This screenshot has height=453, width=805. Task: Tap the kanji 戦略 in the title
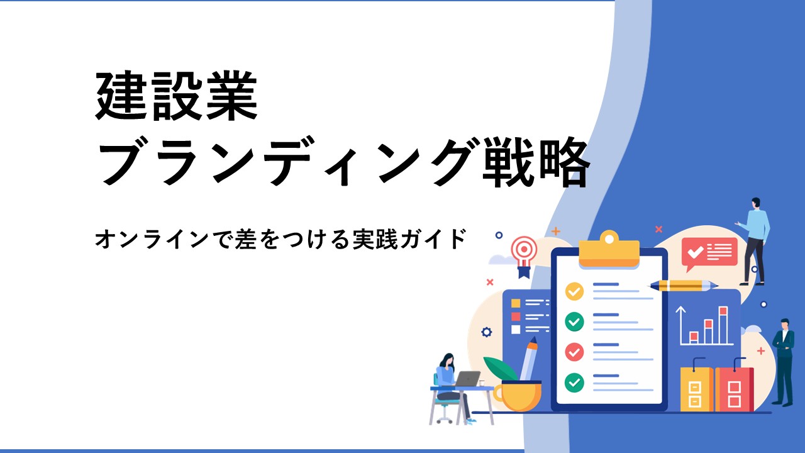click(x=536, y=161)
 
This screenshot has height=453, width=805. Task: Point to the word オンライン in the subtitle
click(x=152, y=238)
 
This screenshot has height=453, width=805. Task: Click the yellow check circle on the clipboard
click(x=574, y=291)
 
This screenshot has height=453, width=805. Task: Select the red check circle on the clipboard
click(x=574, y=352)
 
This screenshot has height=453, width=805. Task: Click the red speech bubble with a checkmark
click(x=709, y=254)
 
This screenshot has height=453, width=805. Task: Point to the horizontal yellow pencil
click(x=683, y=286)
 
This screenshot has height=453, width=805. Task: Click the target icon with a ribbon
click(x=525, y=256)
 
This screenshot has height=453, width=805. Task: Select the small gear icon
click(x=487, y=332)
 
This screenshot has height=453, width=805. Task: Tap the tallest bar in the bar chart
click(x=723, y=325)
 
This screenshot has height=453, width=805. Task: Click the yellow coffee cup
click(x=518, y=396)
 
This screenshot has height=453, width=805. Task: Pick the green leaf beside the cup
click(x=500, y=369)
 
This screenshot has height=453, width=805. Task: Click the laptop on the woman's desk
click(x=467, y=379)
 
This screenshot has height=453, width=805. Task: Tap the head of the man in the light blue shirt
click(x=755, y=203)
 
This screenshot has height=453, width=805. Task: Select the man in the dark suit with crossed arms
click(x=784, y=362)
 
